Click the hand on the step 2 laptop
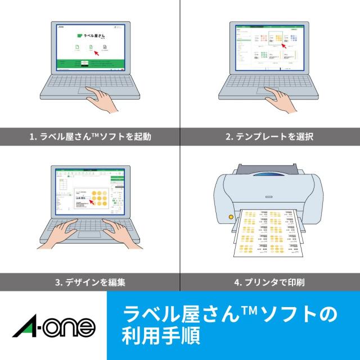point(281,98)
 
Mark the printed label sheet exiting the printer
point(269,233)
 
